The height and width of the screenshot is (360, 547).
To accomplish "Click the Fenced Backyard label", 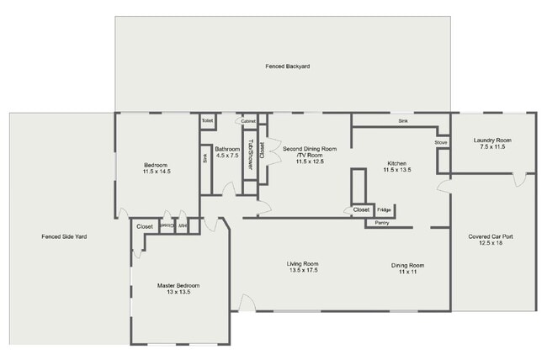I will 282,66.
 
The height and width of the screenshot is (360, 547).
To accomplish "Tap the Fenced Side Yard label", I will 64,236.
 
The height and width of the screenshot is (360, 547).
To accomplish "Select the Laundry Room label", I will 492,144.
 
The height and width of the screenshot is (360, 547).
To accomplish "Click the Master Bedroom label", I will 178,289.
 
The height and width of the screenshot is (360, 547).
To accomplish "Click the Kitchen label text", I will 396,167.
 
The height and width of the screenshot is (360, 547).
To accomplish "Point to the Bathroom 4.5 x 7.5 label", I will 227,152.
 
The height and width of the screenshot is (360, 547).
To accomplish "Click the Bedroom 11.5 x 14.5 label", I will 157,167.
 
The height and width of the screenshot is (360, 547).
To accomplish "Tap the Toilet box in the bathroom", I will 207,121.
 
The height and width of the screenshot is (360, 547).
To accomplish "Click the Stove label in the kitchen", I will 441,143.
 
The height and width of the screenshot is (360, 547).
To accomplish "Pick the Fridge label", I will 384,209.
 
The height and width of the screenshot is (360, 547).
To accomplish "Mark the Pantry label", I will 382,224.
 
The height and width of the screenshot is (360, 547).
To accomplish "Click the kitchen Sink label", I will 402,122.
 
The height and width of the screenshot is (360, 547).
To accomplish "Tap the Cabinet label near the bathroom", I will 248,121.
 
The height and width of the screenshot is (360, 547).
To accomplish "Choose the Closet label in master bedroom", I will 144,226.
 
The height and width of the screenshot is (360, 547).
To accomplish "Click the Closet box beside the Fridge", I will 361,209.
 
